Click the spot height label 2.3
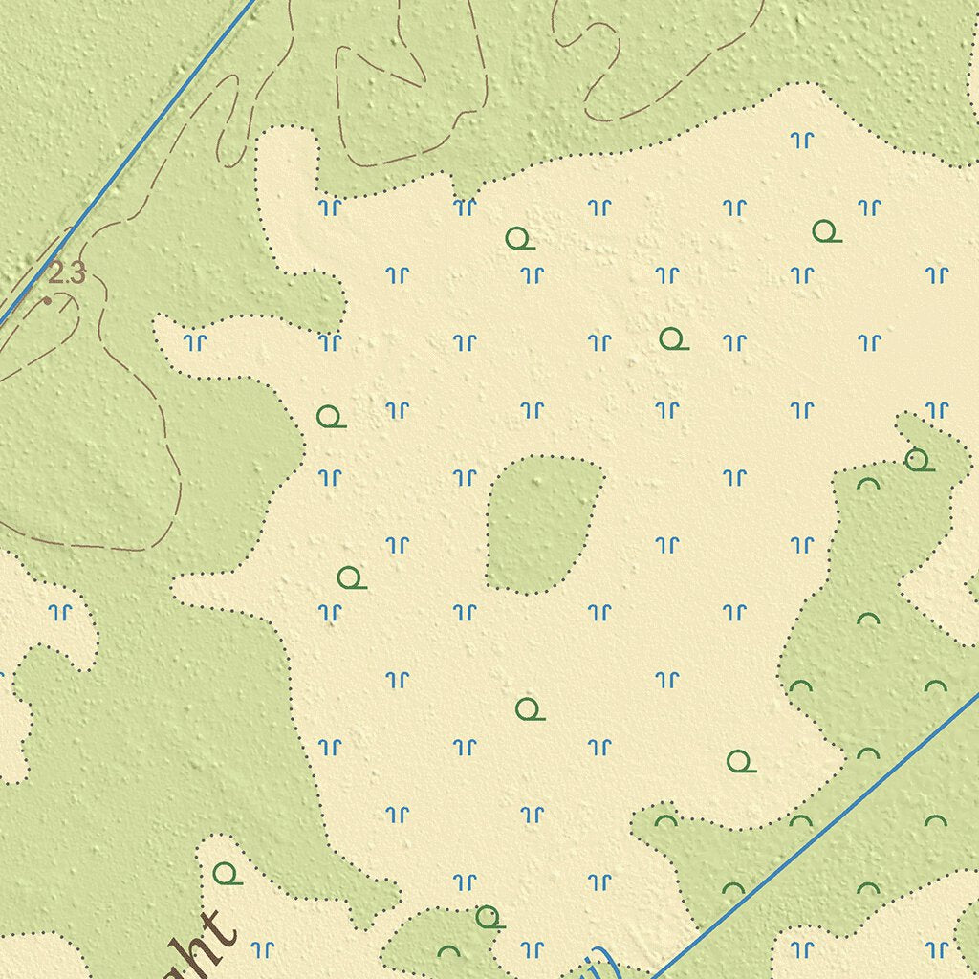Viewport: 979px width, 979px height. [x=66, y=274]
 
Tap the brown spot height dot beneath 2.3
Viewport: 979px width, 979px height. [x=47, y=300]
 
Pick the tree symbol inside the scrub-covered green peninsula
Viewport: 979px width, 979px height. [x=917, y=460]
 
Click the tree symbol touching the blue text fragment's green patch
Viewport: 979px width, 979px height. [x=489, y=917]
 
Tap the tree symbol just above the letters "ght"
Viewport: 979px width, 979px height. [x=226, y=873]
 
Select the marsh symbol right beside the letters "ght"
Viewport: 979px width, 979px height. [x=262, y=948]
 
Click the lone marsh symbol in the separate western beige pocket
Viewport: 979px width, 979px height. [x=61, y=610]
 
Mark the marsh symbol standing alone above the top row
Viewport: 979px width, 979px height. [x=802, y=140]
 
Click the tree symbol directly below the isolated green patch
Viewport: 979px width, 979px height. [x=528, y=708]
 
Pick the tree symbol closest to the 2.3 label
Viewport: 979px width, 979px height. [x=330, y=417]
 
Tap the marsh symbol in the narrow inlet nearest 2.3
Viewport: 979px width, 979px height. [x=196, y=341]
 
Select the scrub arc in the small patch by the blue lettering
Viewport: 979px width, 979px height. [x=448, y=951]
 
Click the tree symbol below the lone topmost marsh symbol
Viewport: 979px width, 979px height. [x=825, y=231]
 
